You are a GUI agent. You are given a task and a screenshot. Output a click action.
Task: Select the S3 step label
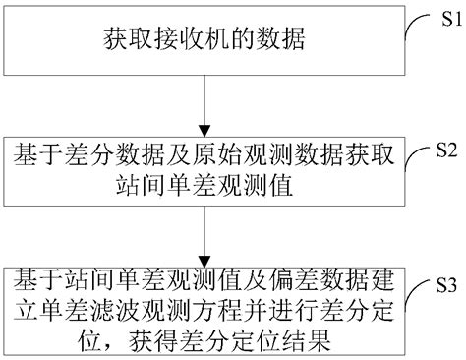point(448,285)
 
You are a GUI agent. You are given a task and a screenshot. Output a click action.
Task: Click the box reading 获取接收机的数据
point(203,41)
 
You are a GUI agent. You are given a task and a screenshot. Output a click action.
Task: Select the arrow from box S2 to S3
point(203,228)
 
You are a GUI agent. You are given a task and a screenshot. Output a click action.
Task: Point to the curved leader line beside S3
point(415,291)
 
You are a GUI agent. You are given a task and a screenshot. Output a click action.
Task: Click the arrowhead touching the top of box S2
point(203,128)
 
